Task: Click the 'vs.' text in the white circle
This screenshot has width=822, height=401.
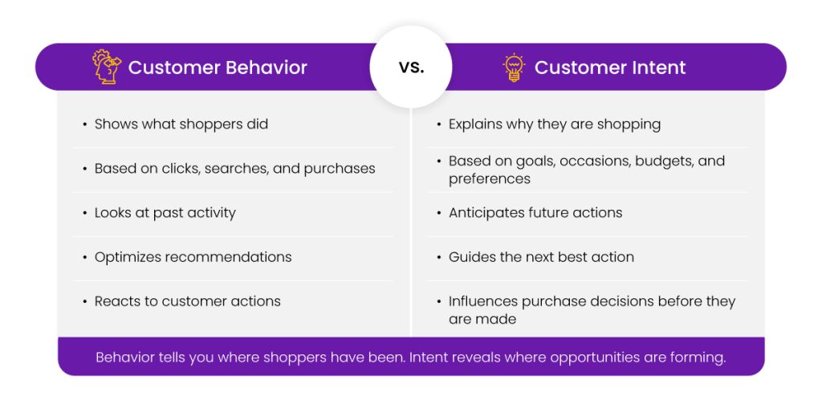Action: point(411,68)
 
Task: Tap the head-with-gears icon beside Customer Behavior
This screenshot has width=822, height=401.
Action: point(107,67)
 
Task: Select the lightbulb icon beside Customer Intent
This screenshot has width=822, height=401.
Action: point(514,68)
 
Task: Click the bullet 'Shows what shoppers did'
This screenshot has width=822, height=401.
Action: point(181,125)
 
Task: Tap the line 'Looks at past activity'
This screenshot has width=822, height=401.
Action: point(165,213)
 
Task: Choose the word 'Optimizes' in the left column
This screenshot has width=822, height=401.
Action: point(128,257)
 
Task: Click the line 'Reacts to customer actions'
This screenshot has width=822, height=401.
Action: point(187,301)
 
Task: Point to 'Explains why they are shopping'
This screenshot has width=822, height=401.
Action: point(555,125)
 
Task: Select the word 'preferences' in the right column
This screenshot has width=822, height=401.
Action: point(489,179)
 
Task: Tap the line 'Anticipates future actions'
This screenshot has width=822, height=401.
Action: point(535,213)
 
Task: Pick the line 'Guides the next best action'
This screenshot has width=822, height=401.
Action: point(541,257)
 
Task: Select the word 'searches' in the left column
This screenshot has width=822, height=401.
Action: point(236,169)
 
